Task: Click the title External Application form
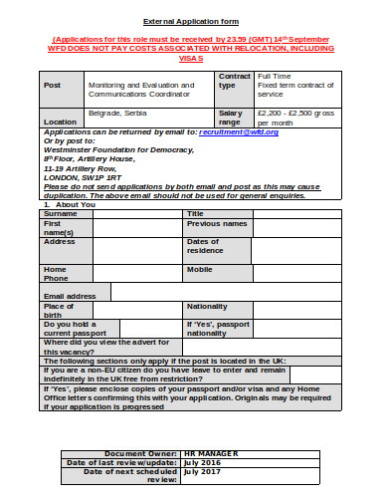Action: [x=192, y=20]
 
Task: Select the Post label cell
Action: [x=53, y=85]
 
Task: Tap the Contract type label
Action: [x=234, y=81]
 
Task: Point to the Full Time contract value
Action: [x=274, y=76]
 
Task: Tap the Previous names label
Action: [x=217, y=223]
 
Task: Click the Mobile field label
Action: [x=199, y=269]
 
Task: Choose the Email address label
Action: [x=70, y=296]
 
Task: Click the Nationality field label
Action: [x=208, y=305]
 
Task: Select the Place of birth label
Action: [x=59, y=310]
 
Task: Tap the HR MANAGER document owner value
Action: [x=211, y=452]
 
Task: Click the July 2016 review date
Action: [x=202, y=462]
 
